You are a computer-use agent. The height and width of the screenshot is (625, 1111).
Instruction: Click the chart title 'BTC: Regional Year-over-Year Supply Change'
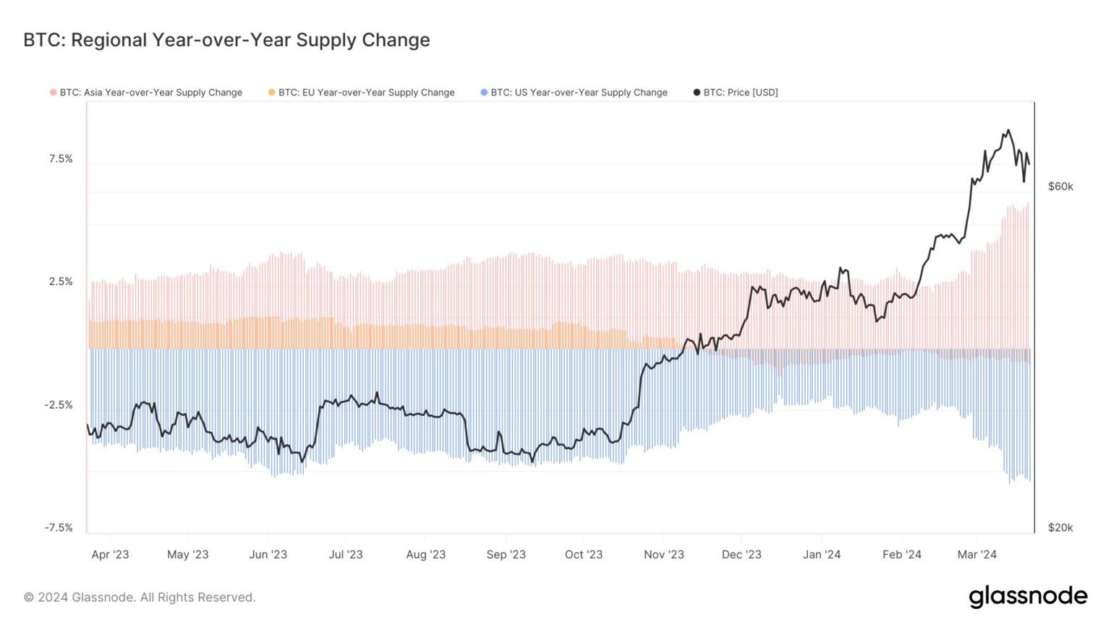point(226,40)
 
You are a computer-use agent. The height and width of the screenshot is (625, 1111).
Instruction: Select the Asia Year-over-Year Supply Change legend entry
point(150,93)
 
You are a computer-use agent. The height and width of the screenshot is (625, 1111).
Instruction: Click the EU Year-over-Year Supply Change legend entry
point(366,93)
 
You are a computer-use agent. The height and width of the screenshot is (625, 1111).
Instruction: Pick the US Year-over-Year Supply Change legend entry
point(579,93)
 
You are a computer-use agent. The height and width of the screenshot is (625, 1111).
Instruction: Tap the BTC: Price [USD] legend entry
point(740,93)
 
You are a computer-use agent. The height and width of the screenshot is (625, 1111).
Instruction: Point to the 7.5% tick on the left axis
point(61,159)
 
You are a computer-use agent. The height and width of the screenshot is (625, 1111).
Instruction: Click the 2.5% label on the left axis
point(61,281)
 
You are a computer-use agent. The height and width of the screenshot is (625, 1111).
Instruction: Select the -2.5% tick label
point(59,404)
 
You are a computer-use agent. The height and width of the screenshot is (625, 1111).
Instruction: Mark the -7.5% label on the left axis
point(59,527)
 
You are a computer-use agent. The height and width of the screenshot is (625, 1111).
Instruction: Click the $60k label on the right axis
point(1060,187)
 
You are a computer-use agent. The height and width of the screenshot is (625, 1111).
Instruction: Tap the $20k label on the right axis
point(1060,527)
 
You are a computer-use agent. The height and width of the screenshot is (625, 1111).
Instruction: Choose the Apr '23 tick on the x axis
point(110,555)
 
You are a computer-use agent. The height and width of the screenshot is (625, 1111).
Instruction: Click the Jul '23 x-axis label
point(346,555)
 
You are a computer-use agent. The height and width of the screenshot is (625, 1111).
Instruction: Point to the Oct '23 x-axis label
point(584,555)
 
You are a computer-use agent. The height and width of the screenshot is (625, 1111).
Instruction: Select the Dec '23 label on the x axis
point(741,555)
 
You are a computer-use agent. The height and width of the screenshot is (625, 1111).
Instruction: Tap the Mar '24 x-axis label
point(976,555)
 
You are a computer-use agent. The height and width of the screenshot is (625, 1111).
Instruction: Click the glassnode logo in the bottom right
point(1028,597)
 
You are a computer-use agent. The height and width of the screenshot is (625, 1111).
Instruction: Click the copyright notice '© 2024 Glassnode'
point(140,598)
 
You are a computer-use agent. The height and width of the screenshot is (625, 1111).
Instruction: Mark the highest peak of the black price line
point(1008,131)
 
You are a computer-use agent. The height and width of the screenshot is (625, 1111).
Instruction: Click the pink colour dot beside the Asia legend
point(53,93)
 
